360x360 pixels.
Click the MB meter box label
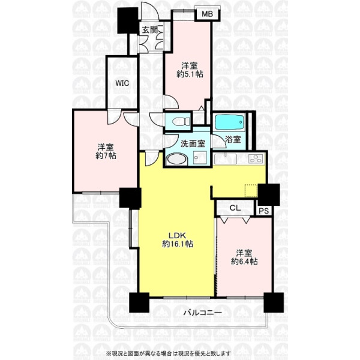point(207,14)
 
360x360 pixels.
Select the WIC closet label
point(122,83)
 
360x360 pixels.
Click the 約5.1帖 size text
point(190,74)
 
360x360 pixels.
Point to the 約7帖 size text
point(106,155)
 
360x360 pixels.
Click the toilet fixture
point(181,121)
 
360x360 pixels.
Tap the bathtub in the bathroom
point(229,122)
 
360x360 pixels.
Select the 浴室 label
point(233,139)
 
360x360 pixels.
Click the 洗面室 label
point(193,144)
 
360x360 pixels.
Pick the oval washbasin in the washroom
point(176,159)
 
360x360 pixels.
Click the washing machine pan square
point(200,158)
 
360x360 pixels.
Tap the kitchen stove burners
point(256,158)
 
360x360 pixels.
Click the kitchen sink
point(226,158)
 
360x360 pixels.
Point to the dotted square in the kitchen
point(252,190)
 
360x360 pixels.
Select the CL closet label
point(235,208)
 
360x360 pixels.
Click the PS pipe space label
point(264,211)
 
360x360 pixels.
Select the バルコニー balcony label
point(203,313)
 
